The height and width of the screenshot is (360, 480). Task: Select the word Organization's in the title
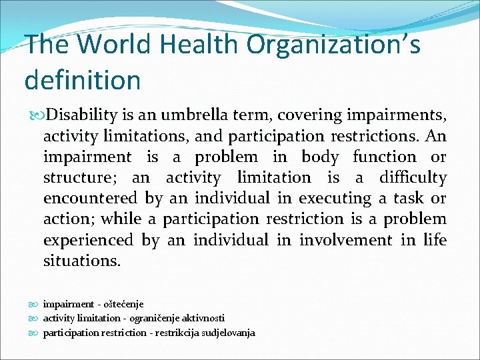(x=334, y=45)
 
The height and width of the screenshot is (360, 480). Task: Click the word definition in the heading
(x=83, y=79)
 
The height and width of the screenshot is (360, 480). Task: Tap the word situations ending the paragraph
(x=82, y=261)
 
